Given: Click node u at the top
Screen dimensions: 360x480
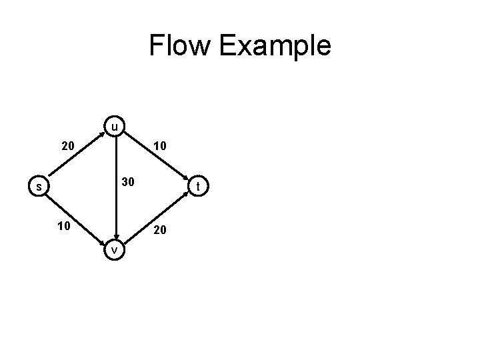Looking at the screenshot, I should click(115, 126).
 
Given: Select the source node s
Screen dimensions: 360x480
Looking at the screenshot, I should click(39, 187).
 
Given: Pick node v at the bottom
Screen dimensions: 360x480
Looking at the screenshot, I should click(115, 249).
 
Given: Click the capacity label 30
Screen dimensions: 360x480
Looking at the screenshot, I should click(127, 182).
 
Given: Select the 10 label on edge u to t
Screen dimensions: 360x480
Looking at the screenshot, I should click(160, 145).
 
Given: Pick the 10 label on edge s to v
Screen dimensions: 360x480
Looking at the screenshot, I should click(65, 226).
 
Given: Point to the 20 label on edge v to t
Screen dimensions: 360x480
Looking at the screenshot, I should click(161, 230).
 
